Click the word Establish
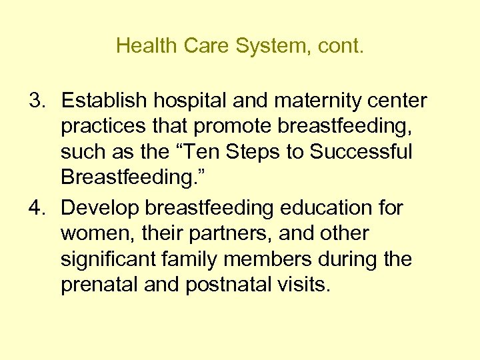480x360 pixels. (104, 101)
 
